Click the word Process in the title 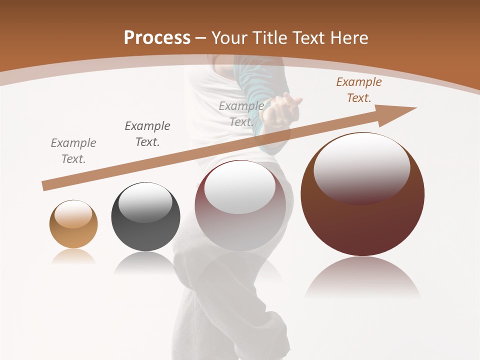click(x=157, y=37)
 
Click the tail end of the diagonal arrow click(x=45, y=186)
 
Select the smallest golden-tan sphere click(x=73, y=224)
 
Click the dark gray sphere click(x=145, y=217)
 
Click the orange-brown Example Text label click(x=358, y=90)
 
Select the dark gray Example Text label click(x=147, y=133)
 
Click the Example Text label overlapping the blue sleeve click(x=241, y=113)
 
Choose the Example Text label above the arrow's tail click(x=73, y=150)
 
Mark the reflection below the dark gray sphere click(x=145, y=262)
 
